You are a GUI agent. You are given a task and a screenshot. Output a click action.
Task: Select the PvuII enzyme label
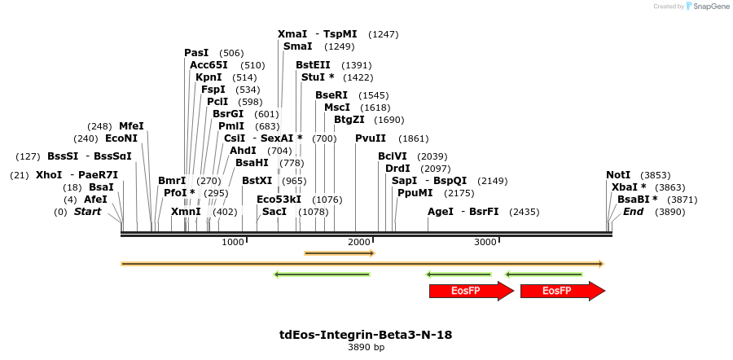(371, 138)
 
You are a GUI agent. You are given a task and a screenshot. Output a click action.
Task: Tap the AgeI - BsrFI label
(463, 212)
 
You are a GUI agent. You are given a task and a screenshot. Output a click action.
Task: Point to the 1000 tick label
(233, 242)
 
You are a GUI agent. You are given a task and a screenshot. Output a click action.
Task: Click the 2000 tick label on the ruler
(359, 242)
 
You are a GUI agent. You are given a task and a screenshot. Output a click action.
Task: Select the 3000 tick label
(485, 242)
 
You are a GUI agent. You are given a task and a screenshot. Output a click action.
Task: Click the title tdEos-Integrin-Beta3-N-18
(366, 335)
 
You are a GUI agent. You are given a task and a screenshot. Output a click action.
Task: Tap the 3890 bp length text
(366, 348)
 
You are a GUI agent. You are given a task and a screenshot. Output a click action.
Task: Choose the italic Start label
(87, 212)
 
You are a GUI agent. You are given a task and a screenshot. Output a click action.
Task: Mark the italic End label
(633, 212)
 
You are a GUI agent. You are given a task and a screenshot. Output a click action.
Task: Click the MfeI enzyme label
(131, 126)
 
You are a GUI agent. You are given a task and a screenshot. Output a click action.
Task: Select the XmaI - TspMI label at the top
(317, 34)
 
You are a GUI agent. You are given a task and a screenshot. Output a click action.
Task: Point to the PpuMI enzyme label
(415, 193)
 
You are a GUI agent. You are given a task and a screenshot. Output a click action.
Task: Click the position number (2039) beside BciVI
(432, 156)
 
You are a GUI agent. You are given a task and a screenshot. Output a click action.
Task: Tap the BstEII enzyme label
(313, 65)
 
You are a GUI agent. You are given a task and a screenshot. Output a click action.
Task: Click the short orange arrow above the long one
(339, 253)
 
